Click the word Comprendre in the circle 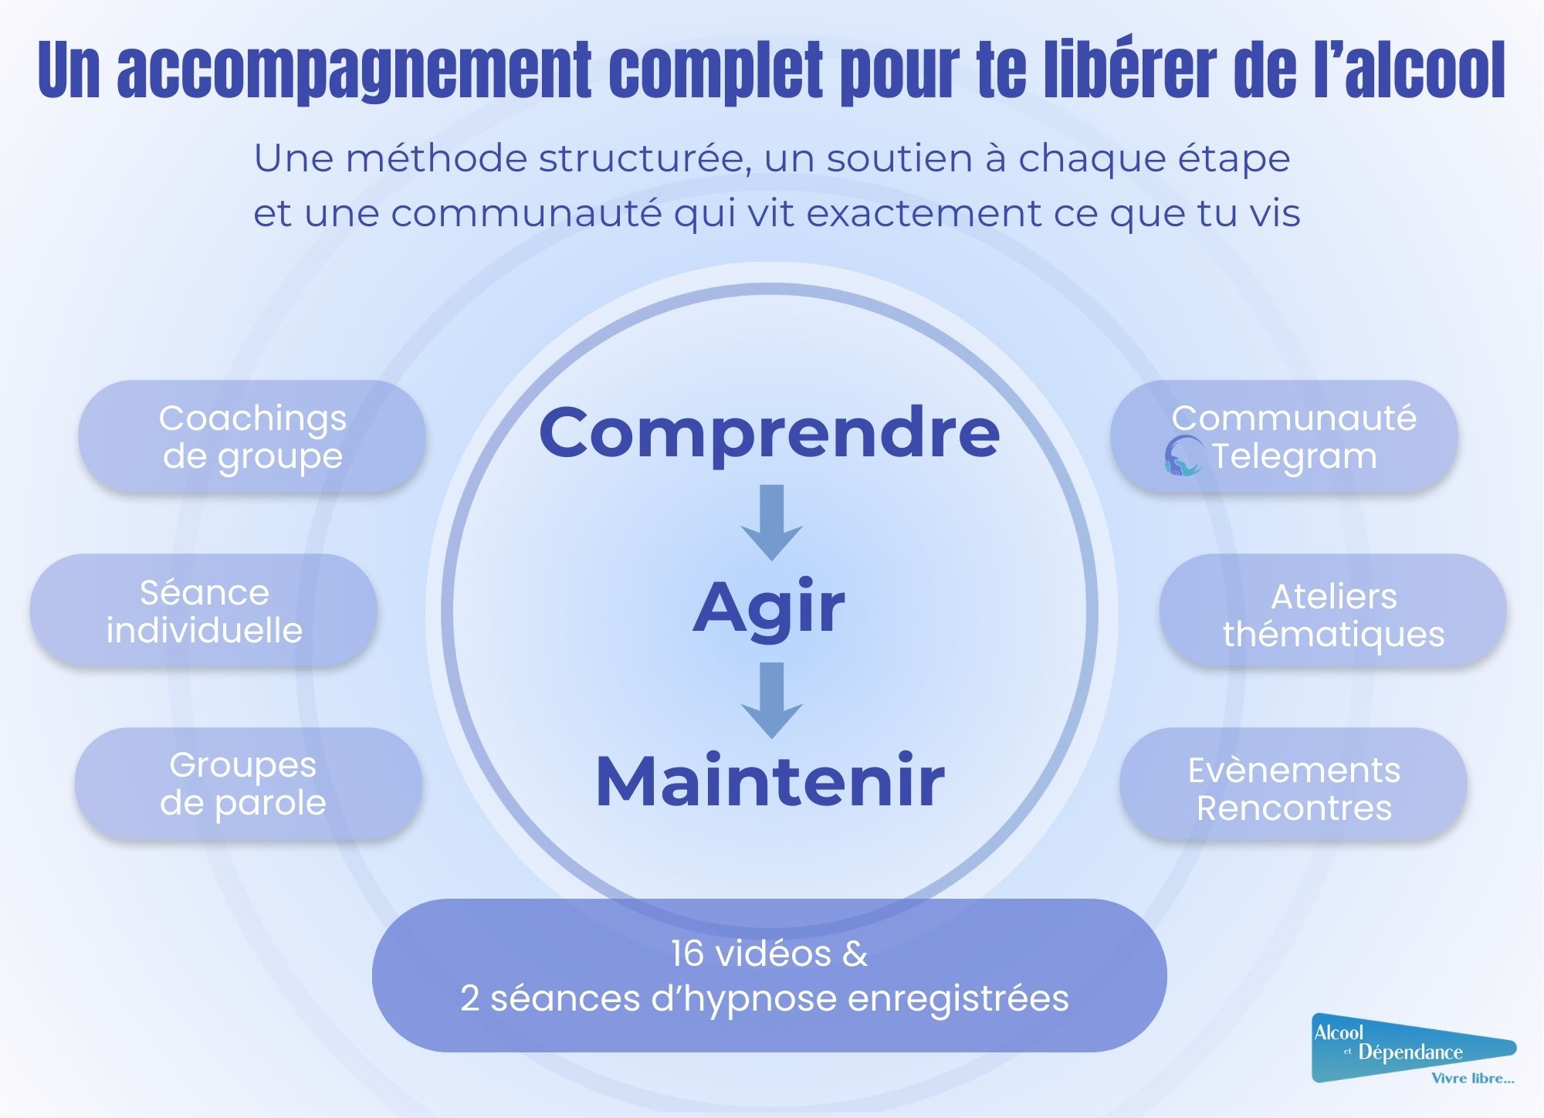point(769,432)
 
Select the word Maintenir point(770,781)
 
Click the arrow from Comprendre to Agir point(771,522)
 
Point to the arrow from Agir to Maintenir point(771,700)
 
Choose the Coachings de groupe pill point(252,436)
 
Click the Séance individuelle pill point(204,611)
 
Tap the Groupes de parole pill point(248,784)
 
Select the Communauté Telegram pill point(1284,436)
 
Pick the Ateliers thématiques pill point(1332,611)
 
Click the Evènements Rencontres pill point(1293,784)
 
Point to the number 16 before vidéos point(687,954)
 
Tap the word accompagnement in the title point(354,71)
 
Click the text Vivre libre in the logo point(1471,1078)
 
